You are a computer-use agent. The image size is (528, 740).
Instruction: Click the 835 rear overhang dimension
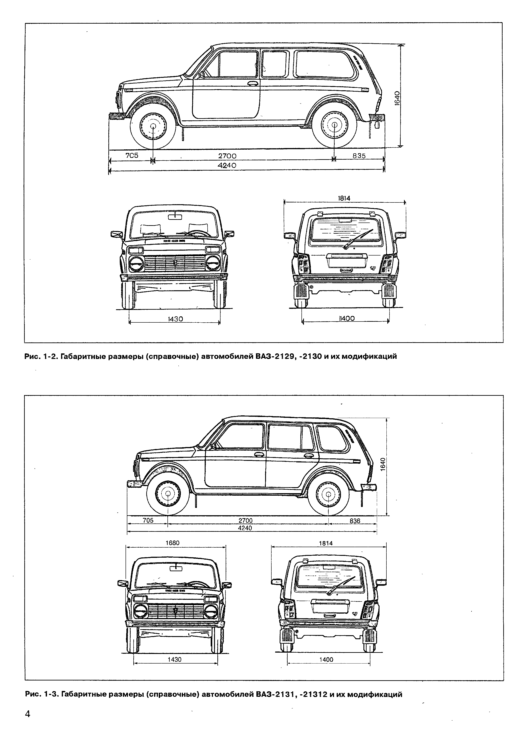pos(359,156)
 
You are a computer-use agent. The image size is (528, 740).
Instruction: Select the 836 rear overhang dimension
pos(355,521)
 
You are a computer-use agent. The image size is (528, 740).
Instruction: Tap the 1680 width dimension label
pos(172,543)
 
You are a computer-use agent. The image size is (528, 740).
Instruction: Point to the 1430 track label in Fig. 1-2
pos(175,319)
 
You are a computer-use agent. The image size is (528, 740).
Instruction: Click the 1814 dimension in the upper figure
pos(344,198)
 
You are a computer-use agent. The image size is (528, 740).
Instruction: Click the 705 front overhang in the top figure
pos(132,156)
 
